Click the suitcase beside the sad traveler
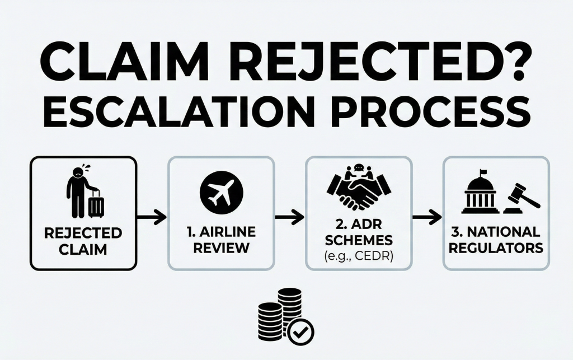[96, 204]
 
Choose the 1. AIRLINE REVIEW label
[220, 240]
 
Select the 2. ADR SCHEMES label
[358, 232]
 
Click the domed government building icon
[480, 197]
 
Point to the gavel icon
[521, 197]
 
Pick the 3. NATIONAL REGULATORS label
[496, 240]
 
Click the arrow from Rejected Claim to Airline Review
[152, 215]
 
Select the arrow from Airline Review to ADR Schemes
[289, 215]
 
